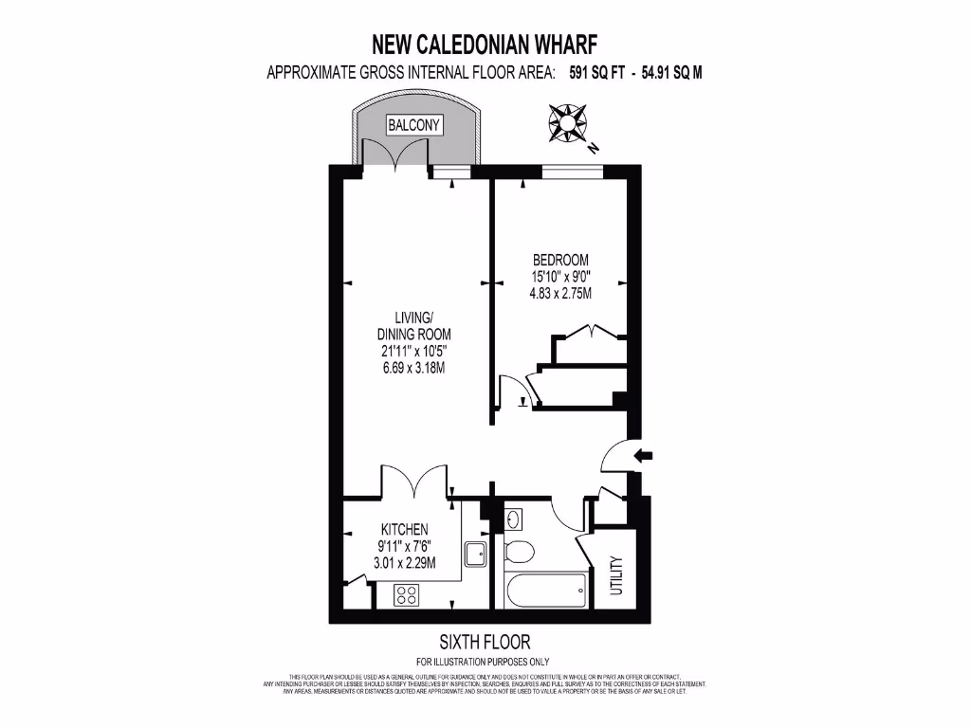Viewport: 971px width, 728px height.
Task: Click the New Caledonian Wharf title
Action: pos(485,44)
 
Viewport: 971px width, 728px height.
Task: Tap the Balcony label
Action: pos(414,124)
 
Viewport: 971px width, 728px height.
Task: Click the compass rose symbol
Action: pos(568,124)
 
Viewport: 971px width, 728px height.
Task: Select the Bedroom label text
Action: pos(560,260)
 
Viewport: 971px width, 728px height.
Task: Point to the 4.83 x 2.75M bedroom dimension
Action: pos(560,294)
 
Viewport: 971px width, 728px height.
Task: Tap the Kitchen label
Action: pos(405,529)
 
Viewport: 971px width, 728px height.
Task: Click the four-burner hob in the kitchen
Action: pos(408,595)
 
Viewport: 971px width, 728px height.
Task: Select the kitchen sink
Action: pos(475,553)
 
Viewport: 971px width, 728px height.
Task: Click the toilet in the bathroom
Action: pos(519,551)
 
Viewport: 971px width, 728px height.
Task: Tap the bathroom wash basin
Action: pos(513,519)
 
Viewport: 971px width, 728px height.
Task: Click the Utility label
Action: pos(615,576)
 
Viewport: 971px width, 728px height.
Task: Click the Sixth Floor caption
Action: pos(485,642)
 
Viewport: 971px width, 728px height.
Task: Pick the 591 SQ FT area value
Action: pos(596,72)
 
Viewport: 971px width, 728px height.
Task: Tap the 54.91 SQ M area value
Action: pos(671,72)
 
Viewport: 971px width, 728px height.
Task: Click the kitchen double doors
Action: pos(413,482)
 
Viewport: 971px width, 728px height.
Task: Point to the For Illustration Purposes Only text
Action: pos(485,662)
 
